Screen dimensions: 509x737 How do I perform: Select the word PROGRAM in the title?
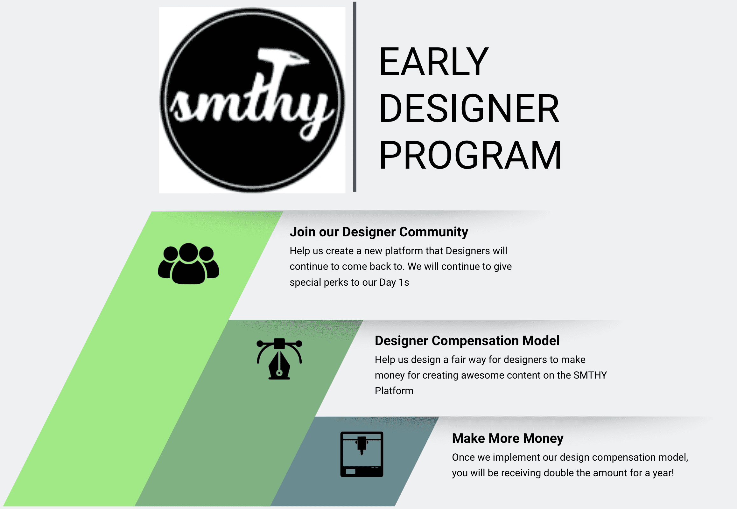point(470,155)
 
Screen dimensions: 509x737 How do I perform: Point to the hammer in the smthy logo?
point(281,60)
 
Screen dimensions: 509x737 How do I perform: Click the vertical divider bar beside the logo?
point(354,97)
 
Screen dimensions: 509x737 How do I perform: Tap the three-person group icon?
point(188,263)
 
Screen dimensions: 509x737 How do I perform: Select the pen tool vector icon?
point(279,359)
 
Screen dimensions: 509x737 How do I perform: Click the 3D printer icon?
point(361,454)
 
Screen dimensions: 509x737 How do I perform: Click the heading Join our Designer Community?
point(379,232)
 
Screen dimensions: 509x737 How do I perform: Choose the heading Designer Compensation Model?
point(467,341)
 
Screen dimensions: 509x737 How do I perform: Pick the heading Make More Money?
point(507,438)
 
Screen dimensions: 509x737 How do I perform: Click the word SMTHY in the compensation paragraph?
point(590,375)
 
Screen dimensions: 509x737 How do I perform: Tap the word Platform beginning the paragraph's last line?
point(394,391)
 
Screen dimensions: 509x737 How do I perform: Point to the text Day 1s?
point(394,282)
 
